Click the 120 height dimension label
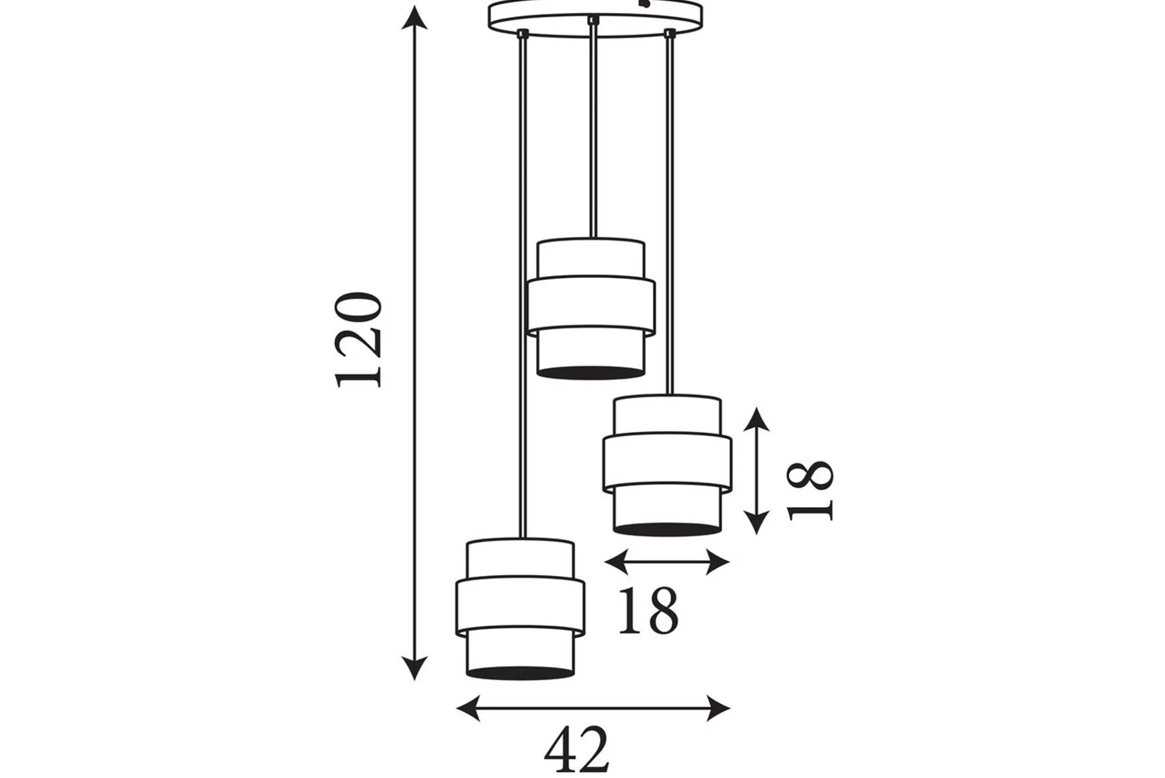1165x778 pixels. pos(358,340)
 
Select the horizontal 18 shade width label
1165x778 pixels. pos(649,611)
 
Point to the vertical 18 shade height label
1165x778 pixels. pos(810,491)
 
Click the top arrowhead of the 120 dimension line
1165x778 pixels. pos(415,18)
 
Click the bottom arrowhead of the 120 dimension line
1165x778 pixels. pos(415,668)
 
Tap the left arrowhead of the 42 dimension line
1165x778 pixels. pos(469,708)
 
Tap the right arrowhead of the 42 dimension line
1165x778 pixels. pos(718,708)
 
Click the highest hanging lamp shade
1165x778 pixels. pos(591,309)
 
